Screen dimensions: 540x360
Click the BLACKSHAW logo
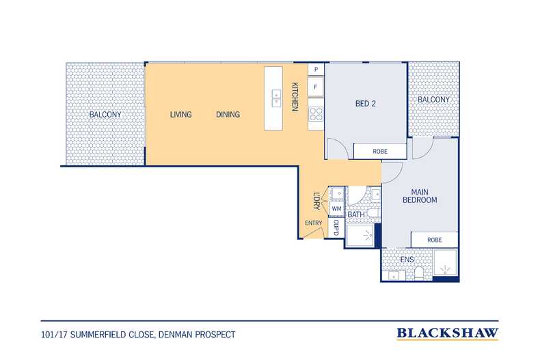[x=447, y=333]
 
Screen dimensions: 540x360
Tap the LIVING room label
[x=181, y=115]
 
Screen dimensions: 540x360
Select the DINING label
[x=228, y=115]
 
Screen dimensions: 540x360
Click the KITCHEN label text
[x=295, y=97]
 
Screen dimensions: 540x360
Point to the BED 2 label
[x=366, y=104]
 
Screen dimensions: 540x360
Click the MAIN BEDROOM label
[x=420, y=196]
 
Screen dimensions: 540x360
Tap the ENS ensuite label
[x=407, y=260]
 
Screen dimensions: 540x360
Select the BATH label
[x=356, y=214]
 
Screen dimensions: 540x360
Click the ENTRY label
[x=313, y=223]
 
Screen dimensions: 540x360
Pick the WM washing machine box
[x=336, y=209]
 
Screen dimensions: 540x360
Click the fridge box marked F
[x=316, y=87]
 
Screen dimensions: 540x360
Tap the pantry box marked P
[x=316, y=70]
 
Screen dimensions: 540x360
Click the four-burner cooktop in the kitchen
[x=316, y=114]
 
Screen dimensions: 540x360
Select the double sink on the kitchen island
[x=276, y=98]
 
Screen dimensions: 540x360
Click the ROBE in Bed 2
[x=380, y=152]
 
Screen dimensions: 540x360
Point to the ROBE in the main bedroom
[x=434, y=240]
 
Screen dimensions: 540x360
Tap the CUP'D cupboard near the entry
[x=336, y=227]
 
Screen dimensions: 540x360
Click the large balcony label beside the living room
[x=105, y=115]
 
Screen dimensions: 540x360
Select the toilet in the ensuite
[x=419, y=273]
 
